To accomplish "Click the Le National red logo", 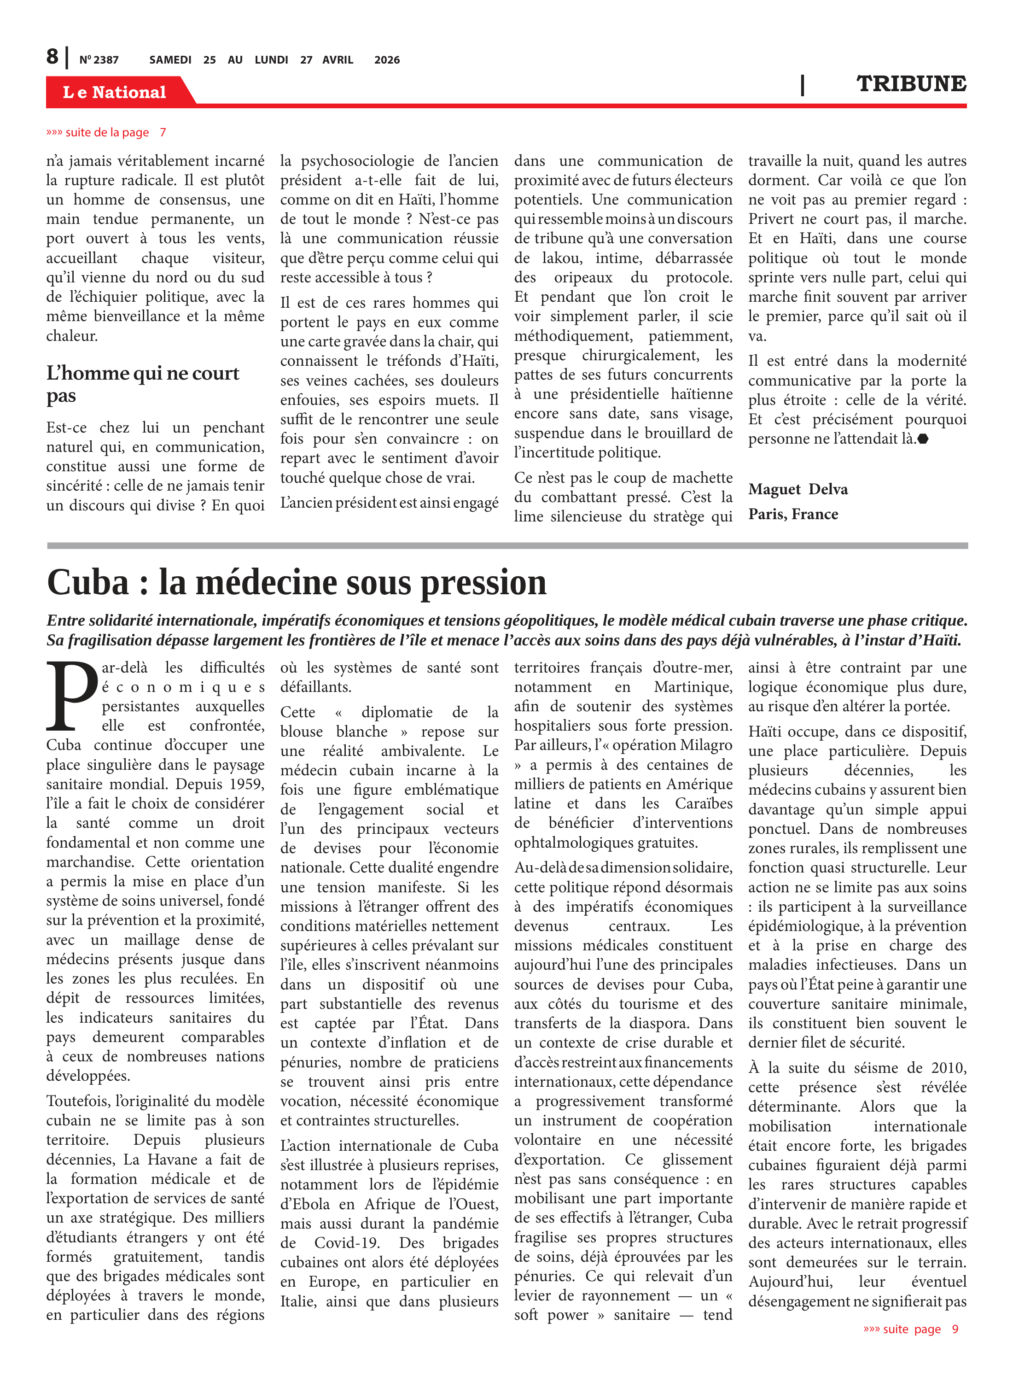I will pyautogui.click(x=115, y=92).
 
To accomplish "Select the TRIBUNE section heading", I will pyautogui.click(x=911, y=84).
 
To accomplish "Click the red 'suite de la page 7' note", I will pyautogui.click(x=106, y=133).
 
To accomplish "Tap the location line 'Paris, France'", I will pyautogui.click(x=793, y=514).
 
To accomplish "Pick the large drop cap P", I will pyautogui.click(x=72, y=696).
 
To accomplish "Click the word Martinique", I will pyautogui.click(x=693, y=687).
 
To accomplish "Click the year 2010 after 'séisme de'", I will pyautogui.click(x=948, y=1068).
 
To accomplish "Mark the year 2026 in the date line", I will pyautogui.click(x=386, y=60).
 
